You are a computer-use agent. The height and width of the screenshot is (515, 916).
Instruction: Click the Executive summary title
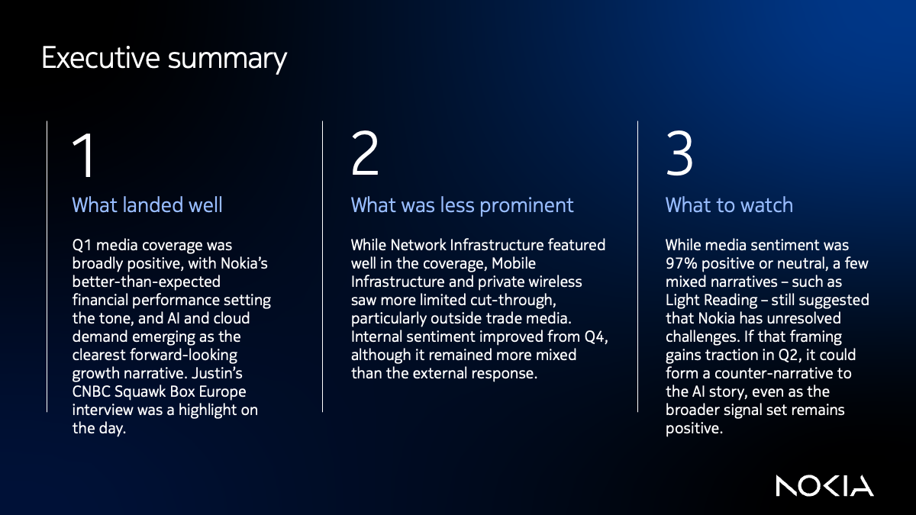(x=164, y=59)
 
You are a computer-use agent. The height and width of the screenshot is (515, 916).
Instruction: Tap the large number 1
(x=85, y=156)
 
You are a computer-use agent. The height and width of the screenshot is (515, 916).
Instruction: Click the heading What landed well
(x=147, y=205)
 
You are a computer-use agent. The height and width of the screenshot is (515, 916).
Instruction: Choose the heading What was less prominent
(x=462, y=205)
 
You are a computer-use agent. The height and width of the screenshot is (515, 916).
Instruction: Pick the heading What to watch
(x=729, y=205)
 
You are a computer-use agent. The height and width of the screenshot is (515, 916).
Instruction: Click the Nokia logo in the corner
(x=824, y=485)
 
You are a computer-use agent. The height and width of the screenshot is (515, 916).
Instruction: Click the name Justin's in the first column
(x=240, y=374)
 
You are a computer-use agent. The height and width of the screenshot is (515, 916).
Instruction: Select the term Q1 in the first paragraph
(x=82, y=246)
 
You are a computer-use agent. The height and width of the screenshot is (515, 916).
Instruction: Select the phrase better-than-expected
(x=141, y=282)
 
